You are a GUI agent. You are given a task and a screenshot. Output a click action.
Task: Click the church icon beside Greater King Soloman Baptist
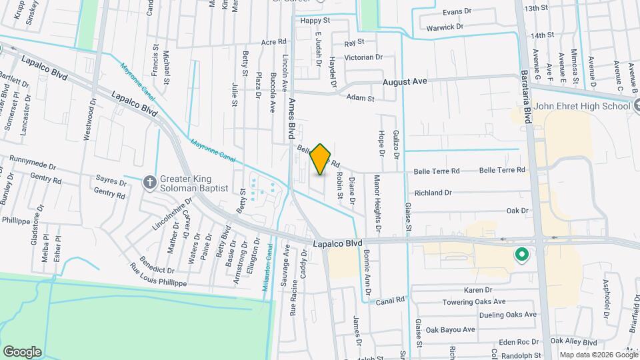coord(150,181)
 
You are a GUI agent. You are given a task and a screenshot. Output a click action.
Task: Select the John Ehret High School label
coord(582,106)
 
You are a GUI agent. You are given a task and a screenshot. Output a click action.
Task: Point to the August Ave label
coord(405,81)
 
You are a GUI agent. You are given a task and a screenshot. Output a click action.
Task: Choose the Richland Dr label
coord(433,193)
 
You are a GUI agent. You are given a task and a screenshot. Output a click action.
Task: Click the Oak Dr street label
coord(517,211)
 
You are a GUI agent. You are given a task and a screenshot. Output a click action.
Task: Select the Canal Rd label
coord(390,301)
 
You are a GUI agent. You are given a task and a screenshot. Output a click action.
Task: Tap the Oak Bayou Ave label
coord(451,329)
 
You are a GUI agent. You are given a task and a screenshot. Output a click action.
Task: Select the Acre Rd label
coord(273,42)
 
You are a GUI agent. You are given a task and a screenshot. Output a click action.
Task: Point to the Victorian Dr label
coord(363,57)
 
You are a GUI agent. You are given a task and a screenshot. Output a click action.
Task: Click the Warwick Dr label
coord(445,27)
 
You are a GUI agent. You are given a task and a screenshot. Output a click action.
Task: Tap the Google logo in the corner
coord(21,351)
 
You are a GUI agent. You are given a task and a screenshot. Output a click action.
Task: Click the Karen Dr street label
coord(477,290)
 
